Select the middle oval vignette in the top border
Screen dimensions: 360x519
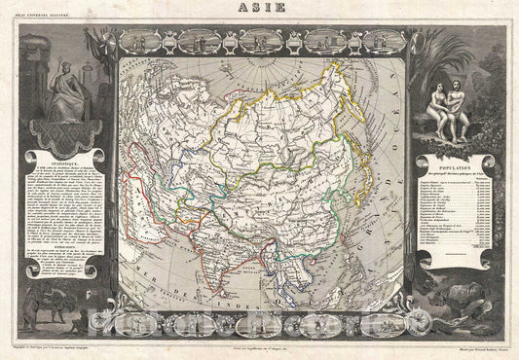[x=259, y=41]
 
